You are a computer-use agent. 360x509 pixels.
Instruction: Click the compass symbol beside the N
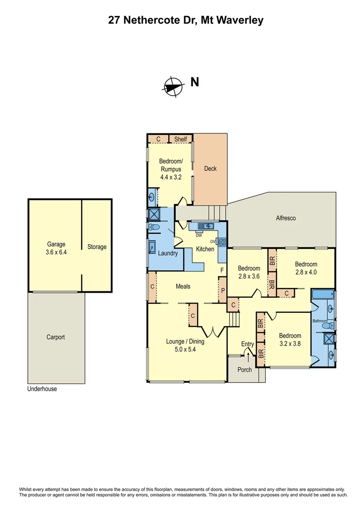[x=173, y=86]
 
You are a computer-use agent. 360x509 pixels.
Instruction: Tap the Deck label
[x=210, y=168]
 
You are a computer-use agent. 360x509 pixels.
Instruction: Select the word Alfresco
[x=286, y=218]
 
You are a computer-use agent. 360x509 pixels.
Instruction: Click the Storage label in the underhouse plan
[x=97, y=247]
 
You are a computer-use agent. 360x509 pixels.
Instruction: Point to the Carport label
[x=56, y=337]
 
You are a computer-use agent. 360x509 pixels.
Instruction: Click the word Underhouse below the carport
[x=42, y=389]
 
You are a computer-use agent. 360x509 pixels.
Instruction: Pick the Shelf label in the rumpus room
[x=180, y=139]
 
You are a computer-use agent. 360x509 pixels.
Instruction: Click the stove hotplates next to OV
[x=222, y=243]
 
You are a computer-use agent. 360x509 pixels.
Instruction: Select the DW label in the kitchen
[x=199, y=235]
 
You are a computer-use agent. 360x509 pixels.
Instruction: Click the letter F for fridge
[x=222, y=270]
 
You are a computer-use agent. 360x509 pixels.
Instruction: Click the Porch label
[x=245, y=369]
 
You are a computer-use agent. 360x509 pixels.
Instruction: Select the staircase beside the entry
[x=234, y=320]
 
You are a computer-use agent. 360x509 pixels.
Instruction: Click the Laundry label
[x=168, y=253]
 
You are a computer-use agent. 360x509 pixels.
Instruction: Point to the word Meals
[x=183, y=286]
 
